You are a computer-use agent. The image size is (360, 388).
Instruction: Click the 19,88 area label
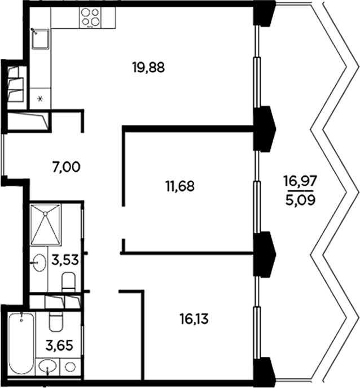(x=148, y=68)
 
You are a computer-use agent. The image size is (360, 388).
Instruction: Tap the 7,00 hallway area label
(x=66, y=167)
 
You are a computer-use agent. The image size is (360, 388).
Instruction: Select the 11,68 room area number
(x=180, y=186)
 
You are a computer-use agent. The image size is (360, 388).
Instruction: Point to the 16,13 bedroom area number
(x=194, y=319)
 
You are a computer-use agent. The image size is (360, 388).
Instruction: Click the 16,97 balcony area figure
(x=300, y=181)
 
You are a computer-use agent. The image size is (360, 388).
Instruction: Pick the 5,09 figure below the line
(x=300, y=200)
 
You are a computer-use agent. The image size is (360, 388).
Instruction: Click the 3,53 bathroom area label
(x=65, y=260)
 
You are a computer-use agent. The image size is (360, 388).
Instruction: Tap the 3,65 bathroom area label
(x=59, y=346)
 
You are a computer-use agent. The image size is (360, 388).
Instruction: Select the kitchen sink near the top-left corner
(x=41, y=39)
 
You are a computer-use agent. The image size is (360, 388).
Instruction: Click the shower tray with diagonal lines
(x=46, y=224)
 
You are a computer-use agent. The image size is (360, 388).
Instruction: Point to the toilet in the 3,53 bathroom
(x=68, y=282)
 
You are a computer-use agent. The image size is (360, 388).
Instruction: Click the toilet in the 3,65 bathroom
(x=56, y=321)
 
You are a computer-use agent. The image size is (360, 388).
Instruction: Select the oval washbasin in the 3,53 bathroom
(x=39, y=263)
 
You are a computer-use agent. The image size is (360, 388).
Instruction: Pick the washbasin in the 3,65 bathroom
(x=48, y=368)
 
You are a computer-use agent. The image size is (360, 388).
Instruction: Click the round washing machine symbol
(x=70, y=367)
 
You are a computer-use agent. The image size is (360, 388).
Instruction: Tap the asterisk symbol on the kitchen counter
(x=40, y=99)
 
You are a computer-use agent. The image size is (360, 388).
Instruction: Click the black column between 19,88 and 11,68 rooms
(x=265, y=129)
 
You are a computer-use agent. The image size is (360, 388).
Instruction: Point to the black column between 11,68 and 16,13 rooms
(x=265, y=254)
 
